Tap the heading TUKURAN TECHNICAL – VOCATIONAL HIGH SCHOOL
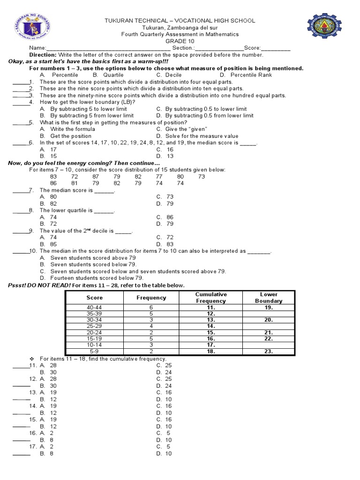180,21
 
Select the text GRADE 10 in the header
180,41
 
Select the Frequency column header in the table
151,298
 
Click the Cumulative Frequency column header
211,298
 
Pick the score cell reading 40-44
94,307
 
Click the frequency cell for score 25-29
151,325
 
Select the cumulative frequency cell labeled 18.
211,351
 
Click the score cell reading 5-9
94,351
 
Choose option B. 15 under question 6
48,156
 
